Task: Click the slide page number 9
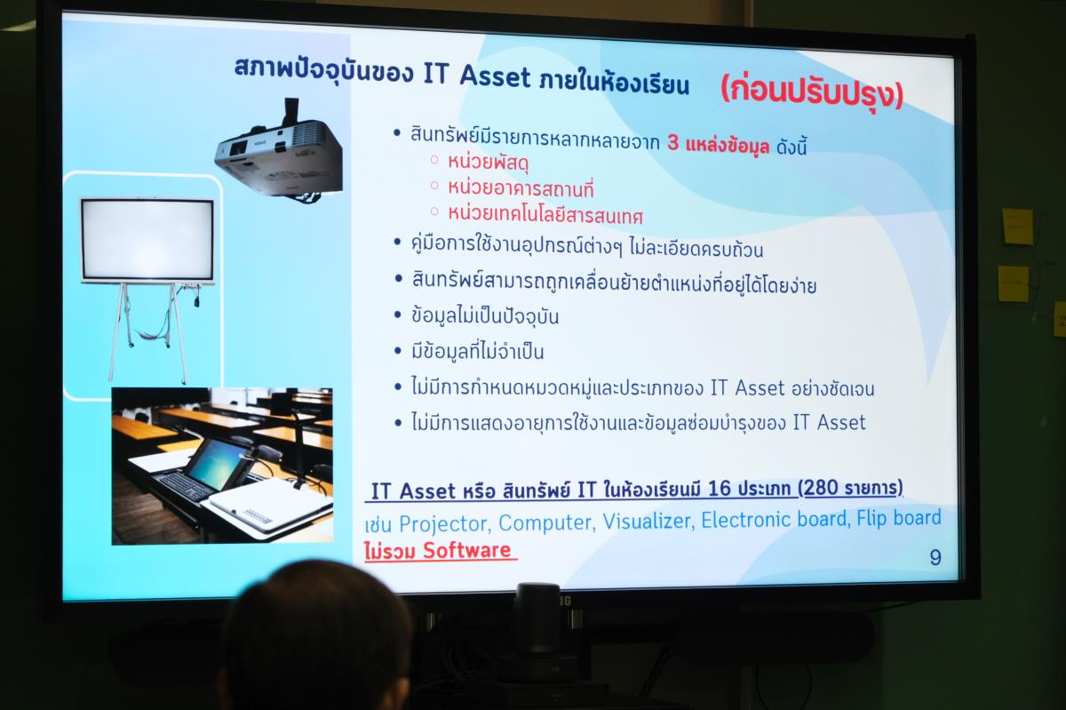pos(935,557)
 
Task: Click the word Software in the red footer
pos(466,550)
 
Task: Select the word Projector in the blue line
pos(443,524)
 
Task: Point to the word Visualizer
pos(648,521)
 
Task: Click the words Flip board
pos(899,518)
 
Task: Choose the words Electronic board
pos(776,520)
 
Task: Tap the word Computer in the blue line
pos(545,523)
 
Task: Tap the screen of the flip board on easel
pos(147,240)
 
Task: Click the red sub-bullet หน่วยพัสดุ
pos(489,163)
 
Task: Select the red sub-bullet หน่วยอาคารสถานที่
pos(521,188)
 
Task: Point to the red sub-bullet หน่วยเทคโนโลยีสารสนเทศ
pos(545,215)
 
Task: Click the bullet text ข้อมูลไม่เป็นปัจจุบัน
pos(485,316)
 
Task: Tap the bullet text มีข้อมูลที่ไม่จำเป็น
pos(477,351)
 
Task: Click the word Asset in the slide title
pos(495,76)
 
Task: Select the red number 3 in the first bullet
pos(672,142)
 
